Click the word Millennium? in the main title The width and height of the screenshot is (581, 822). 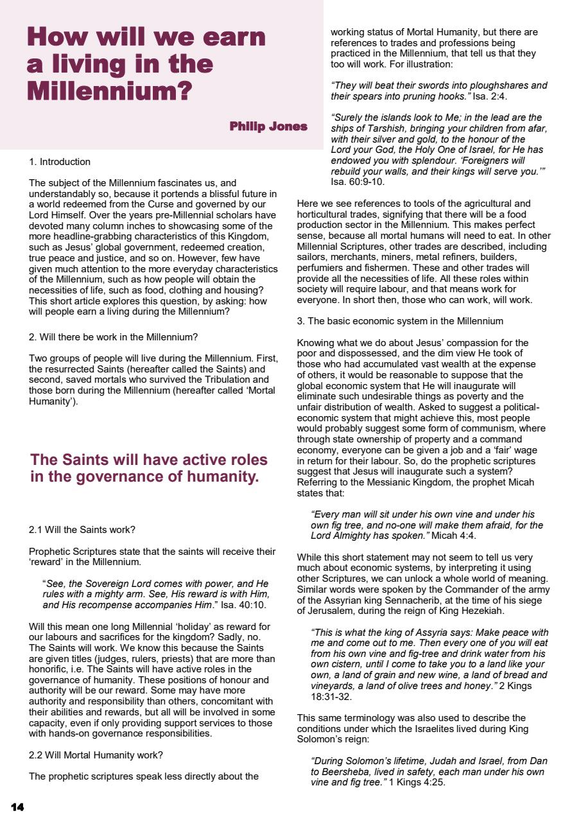[x=110, y=91]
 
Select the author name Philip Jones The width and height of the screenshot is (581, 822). [x=268, y=127]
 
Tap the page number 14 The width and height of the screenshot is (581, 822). [x=17, y=807]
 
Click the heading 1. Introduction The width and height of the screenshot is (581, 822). [x=60, y=162]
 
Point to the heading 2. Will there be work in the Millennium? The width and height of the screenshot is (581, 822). [x=114, y=337]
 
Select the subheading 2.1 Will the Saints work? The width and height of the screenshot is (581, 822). [x=82, y=530]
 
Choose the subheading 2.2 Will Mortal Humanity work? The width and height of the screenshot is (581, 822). [x=96, y=755]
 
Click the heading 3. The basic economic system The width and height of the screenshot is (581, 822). [x=400, y=321]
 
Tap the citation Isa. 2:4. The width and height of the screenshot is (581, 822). [x=494, y=96]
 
